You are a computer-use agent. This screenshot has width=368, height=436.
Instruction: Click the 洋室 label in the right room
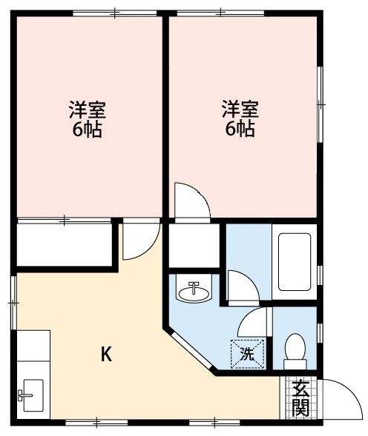pos(240,110)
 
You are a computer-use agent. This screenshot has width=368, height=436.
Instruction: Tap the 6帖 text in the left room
pos(88,130)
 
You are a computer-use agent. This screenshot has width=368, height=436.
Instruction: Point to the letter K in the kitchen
pos(106,355)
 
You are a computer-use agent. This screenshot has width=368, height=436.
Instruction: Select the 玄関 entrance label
pos(300,398)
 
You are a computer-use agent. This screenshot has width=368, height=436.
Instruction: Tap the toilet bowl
pos(295,349)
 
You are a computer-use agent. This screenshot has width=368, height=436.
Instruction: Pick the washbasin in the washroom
pos(194,290)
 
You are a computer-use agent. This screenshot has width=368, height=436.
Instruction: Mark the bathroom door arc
pos(242,284)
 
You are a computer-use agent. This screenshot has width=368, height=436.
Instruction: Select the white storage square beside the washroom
pos(195,245)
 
